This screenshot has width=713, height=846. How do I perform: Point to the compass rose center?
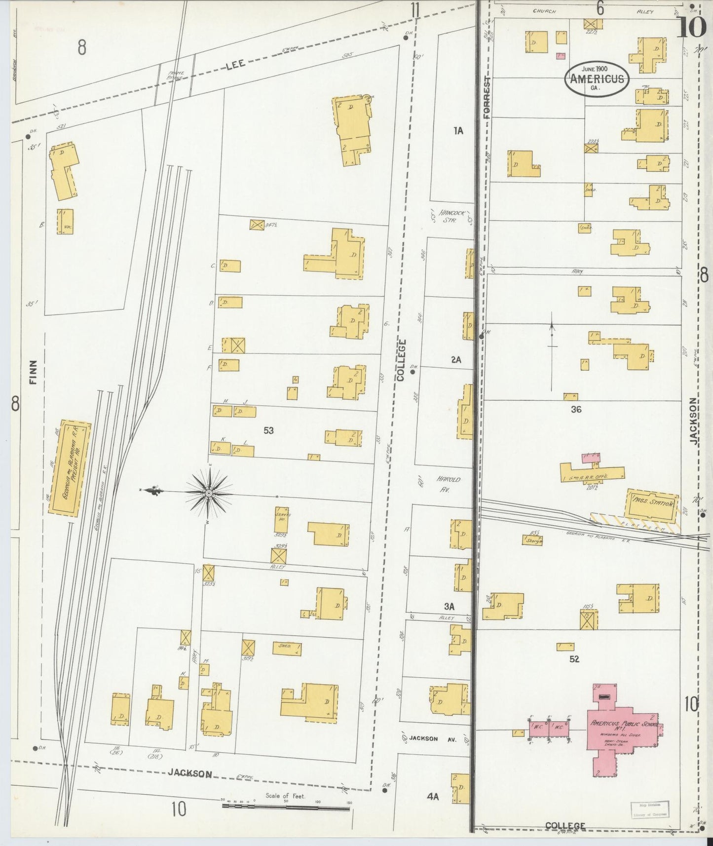coord(209,493)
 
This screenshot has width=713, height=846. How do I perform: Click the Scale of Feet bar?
coord(286,806)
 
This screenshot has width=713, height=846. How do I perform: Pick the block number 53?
coord(268,430)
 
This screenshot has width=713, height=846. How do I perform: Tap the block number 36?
coord(575,409)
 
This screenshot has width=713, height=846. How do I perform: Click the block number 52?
coord(574,659)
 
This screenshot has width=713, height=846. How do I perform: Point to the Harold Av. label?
coord(449,483)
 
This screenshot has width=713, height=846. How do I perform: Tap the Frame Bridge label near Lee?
coord(175,75)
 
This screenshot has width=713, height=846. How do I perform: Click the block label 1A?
coord(458,130)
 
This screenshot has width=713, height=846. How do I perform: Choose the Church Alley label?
coord(590,11)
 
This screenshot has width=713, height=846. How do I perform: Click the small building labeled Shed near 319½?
coord(287,648)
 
